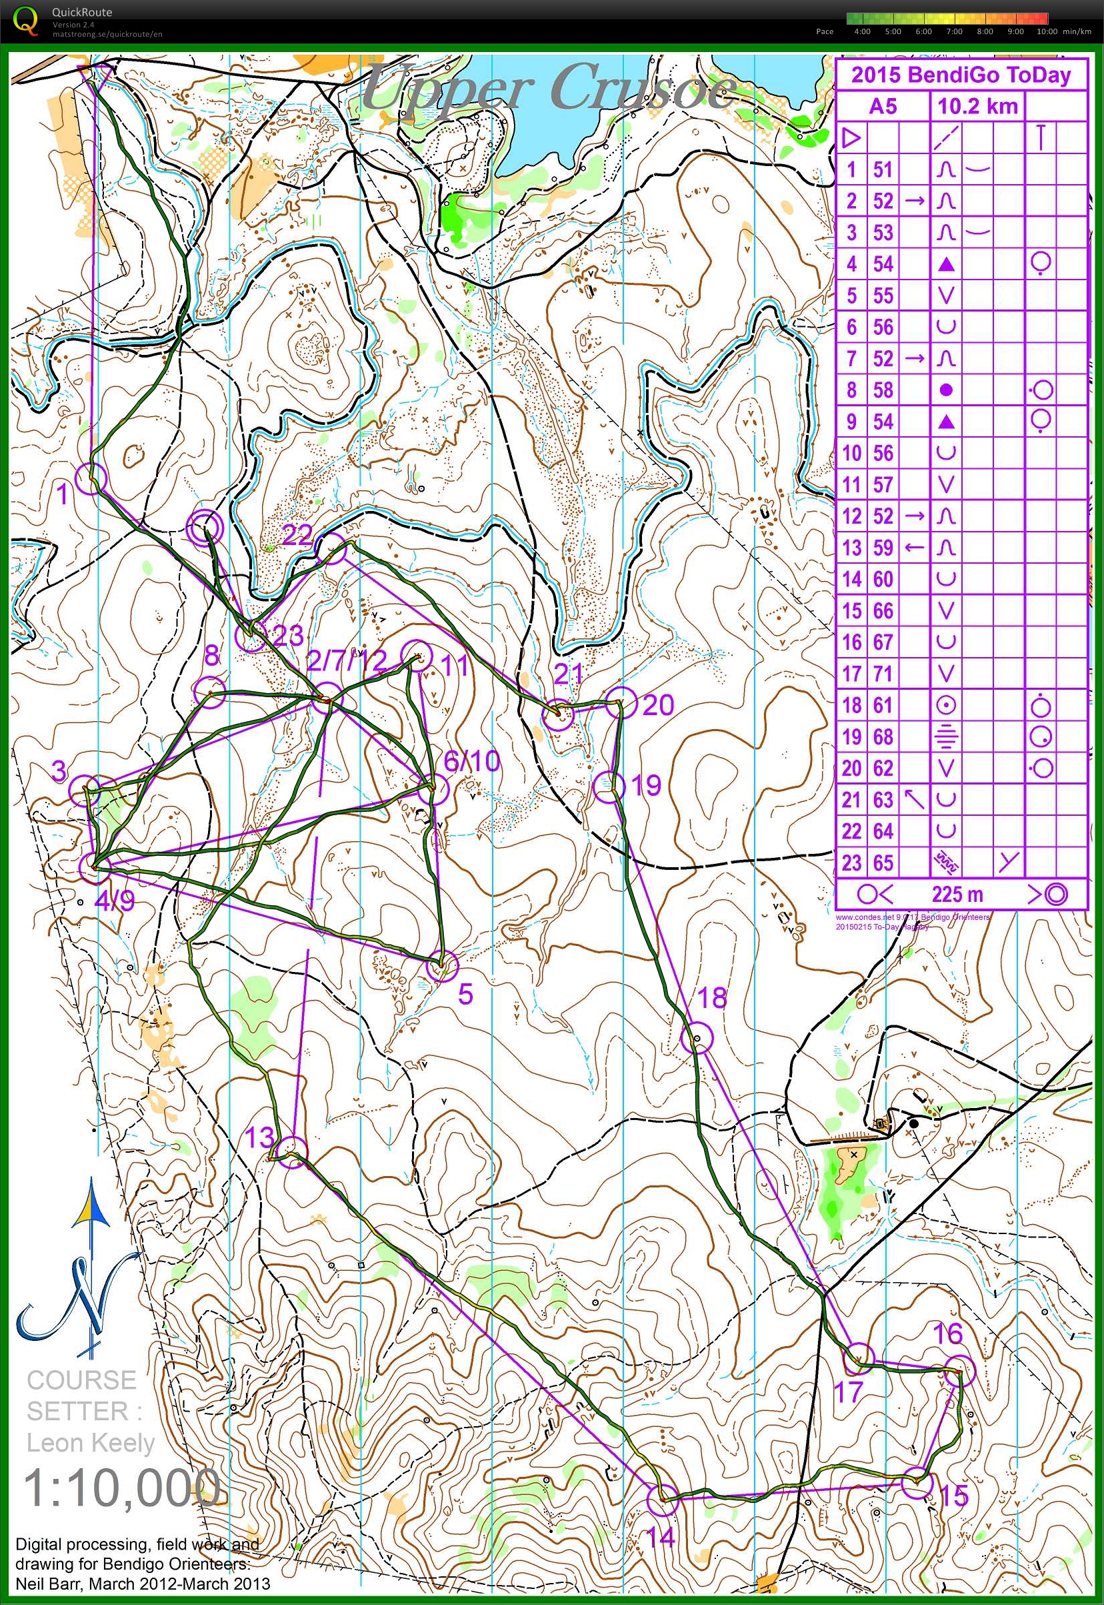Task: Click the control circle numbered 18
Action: pyautogui.click(x=697, y=1038)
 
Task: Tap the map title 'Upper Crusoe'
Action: pyautogui.click(x=550, y=89)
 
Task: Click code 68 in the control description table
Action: pyautogui.click(x=883, y=736)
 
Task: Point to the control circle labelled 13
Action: pyautogui.click(x=293, y=1152)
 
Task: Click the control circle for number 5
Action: pyautogui.click(x=442, y=965)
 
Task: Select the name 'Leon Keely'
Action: pyautogui.click(x=90, y=1443)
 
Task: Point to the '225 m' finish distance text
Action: pyautogui.click(x=957, y=894)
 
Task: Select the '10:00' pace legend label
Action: pyautogui.click(x=1047, y=32)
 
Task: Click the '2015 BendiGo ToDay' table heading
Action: pyautogui.click(x=960, y=75)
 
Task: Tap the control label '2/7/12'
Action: pyautogui.click(x=346, y=661)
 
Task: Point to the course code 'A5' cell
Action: pyautogui.click(x=882, y=106)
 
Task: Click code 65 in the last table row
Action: pyautogui.click(x=883, y=863)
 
